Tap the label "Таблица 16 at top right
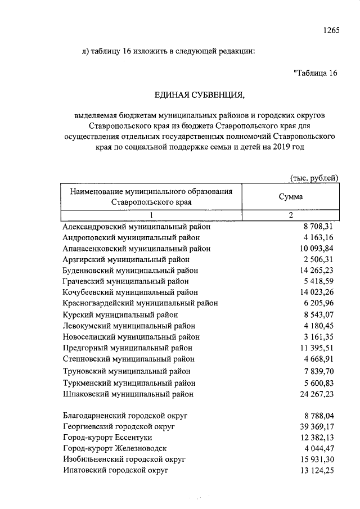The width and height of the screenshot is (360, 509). [315, 73]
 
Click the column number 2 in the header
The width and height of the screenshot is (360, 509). [291, 215]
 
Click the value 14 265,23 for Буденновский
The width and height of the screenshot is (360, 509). [316, 271]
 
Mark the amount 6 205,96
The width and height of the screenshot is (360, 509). [318, 304]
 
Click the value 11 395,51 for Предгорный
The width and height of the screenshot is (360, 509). [316, 348]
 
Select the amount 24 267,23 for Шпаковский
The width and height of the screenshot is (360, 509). [316, 394]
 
